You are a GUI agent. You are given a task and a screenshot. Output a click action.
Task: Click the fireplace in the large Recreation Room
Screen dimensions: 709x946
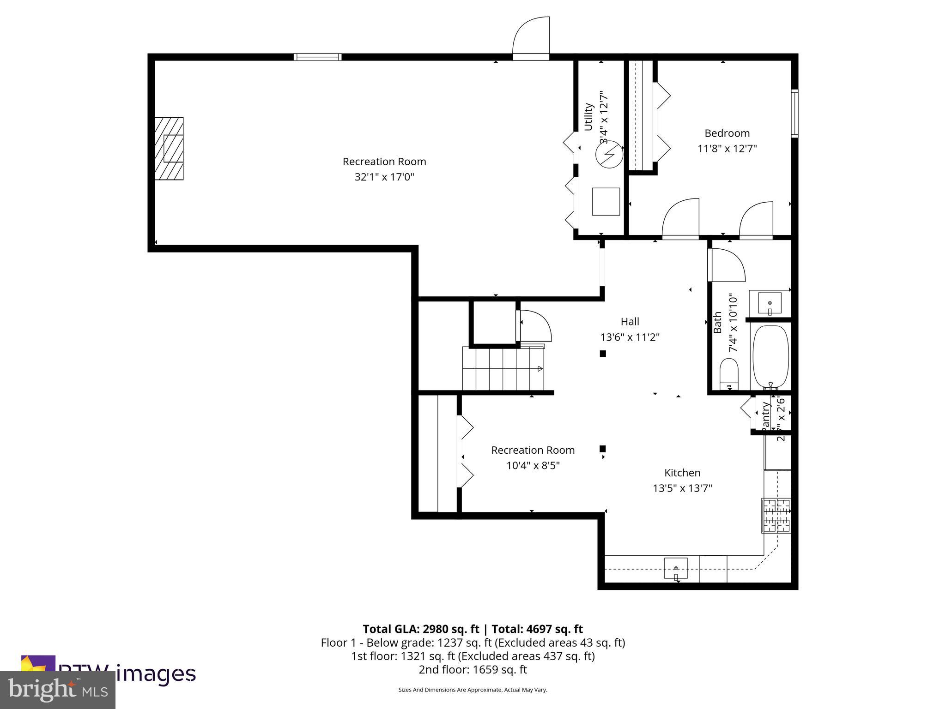169,148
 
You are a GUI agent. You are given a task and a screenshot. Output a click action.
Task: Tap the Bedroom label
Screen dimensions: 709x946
727,133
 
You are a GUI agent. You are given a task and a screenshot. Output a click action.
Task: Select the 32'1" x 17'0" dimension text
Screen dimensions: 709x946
384,177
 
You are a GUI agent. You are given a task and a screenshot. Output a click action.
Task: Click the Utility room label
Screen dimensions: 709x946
588,117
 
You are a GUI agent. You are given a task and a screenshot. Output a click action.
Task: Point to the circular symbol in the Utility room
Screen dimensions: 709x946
608,155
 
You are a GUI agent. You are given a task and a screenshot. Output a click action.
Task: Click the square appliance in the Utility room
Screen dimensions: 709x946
606,201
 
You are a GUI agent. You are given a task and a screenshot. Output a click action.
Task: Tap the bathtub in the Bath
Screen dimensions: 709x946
770,356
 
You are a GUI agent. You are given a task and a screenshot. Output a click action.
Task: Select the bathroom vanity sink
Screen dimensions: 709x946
770,303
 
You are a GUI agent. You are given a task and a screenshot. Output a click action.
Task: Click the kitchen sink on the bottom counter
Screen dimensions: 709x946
676,568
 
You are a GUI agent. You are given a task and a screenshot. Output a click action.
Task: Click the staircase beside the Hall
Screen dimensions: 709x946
503,369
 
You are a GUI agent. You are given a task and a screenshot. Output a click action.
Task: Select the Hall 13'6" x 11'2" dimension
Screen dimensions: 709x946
630,337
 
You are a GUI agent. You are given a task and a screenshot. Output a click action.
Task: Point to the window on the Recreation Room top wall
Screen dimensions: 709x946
317,57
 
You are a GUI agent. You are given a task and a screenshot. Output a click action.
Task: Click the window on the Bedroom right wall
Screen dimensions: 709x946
794,113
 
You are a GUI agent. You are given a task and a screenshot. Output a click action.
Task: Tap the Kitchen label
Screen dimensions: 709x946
682,473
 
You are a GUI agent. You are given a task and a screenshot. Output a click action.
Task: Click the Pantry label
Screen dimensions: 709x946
765,415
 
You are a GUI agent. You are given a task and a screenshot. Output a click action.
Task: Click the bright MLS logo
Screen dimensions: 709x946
57,690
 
